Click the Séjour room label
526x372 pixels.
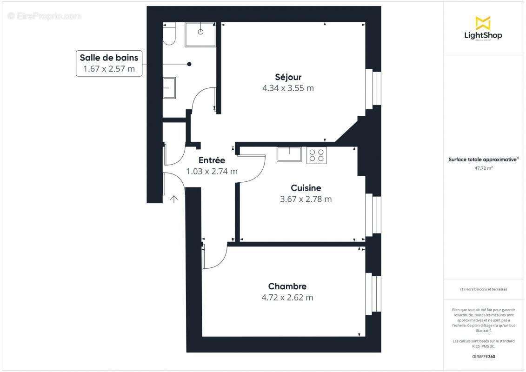tap(288, 77)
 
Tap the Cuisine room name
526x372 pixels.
tap(306, 188)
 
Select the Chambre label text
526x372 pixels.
tap(287, 286)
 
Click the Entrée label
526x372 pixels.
tap(212, 160)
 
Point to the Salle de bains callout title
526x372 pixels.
tap(109, 58)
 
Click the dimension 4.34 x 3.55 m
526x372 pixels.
tap(288, 88)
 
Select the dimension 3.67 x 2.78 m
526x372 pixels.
tap(306, 199)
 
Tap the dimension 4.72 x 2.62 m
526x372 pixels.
tap(287, 298)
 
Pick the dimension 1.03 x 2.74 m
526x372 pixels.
tap(212, 171)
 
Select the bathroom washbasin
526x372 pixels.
tap(169, 88)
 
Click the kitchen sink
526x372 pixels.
tap(289, 154)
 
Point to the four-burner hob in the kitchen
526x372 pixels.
tap(316, 155)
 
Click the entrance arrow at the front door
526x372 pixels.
tap(173, 199)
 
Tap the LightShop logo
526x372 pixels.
tap(483, 28)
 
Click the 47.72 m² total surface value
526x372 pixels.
tap(483, 168)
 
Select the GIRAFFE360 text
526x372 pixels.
tap(483, 357)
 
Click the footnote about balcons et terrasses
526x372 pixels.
tap(483, 289)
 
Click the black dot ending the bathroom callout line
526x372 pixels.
tap(189, 64)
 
